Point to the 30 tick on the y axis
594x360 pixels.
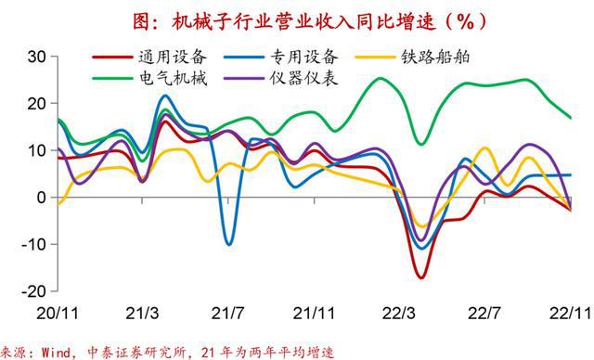tap(35, 57)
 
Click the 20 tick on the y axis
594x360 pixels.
tap(35, 103)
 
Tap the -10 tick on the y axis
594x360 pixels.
tap(32, 244)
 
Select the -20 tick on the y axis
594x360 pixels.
tap(32, 290)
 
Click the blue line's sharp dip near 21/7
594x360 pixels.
tap(229, 244)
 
